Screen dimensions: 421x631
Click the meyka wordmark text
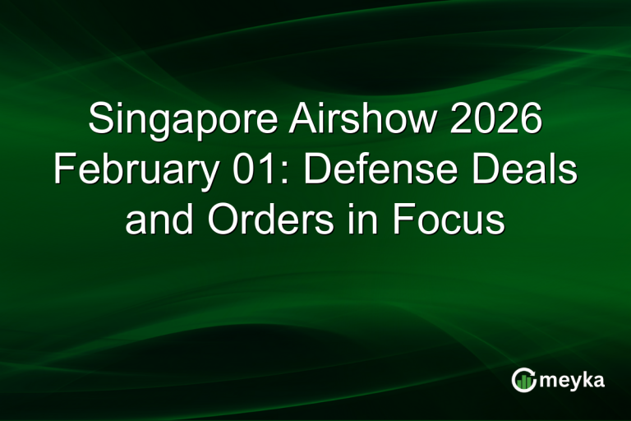573,381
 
